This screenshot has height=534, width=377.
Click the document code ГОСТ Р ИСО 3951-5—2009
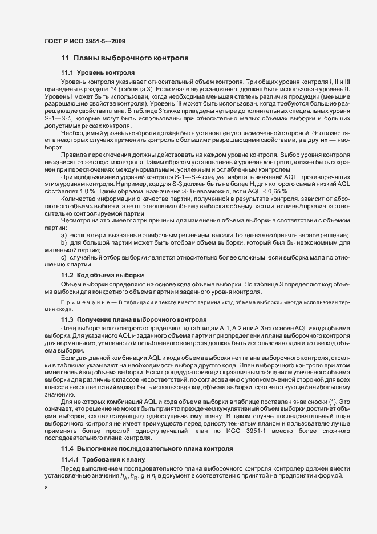(x=85, y=41)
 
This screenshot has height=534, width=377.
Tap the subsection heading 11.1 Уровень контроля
(x=98, y=74)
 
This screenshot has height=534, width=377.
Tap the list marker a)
(x=64, y=220)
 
